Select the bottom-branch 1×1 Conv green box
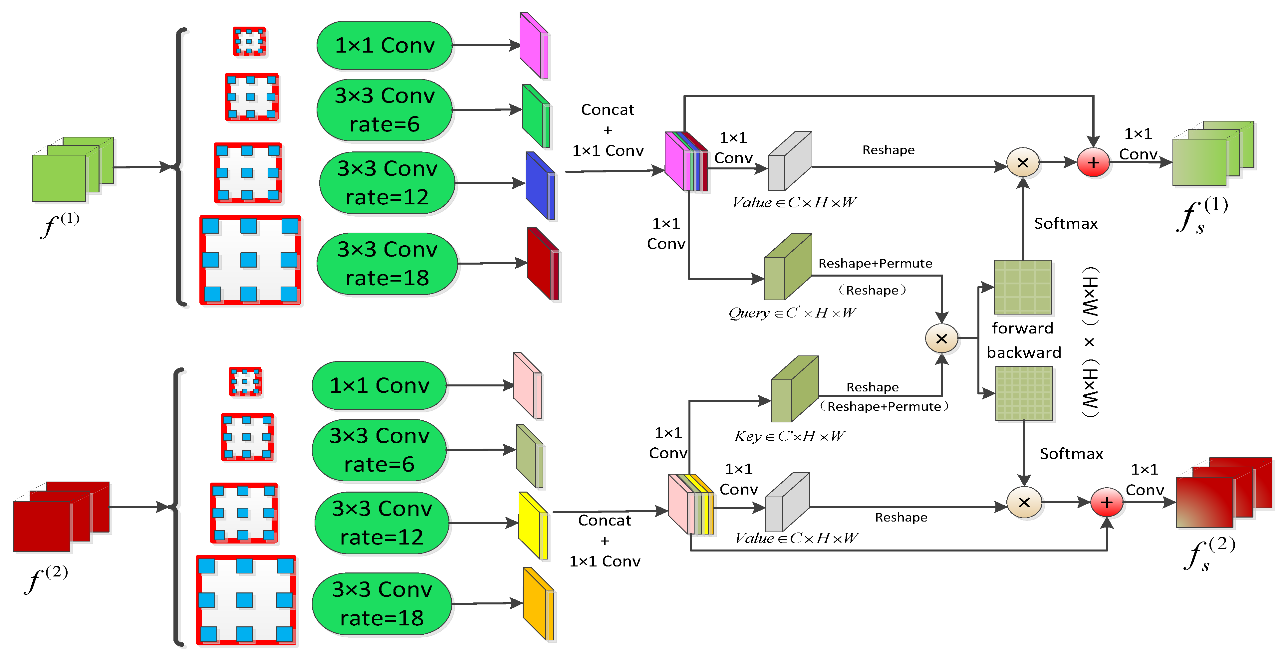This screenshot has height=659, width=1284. (x=379, y=385)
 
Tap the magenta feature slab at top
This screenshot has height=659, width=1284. (x=533, y=46)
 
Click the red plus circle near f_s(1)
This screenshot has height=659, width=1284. (x=1093, y=162)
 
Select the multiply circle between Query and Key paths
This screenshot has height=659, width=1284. (x=941, y=338)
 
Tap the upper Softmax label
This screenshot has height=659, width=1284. (x=1066, y=223)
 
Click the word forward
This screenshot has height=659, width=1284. (x=1022, y=328)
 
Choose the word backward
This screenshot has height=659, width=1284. (x=1023, y=352)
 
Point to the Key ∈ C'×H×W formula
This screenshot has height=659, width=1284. (x=789, y=436)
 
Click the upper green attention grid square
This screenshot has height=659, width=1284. (x=1023, y=287)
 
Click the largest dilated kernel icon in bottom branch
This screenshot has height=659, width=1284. (x=246, y=600)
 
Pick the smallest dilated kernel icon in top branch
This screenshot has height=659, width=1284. (x=249, y=41)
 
